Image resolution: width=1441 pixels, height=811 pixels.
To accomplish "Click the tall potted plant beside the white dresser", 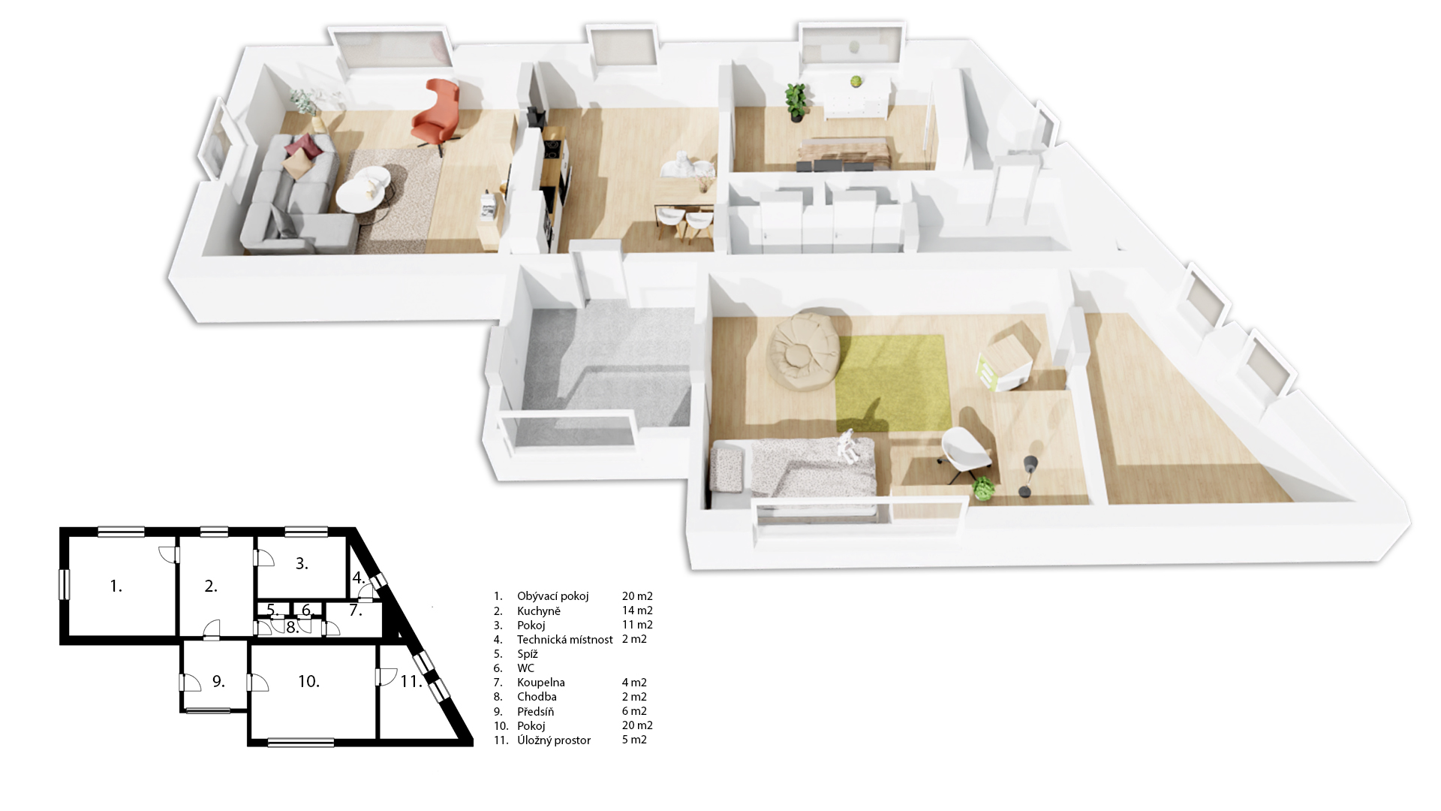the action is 796,101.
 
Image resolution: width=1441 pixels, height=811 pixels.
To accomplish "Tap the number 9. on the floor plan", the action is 218,681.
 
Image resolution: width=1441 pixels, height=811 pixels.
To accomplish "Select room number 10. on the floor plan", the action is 308,681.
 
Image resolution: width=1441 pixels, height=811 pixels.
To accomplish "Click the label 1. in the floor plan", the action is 116,586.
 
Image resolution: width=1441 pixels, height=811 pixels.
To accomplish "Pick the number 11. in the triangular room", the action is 411,681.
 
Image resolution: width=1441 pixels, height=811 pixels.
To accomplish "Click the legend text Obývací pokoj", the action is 552,596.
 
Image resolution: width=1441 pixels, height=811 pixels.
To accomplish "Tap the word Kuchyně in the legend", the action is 539,611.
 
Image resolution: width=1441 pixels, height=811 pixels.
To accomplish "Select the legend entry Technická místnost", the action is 564,640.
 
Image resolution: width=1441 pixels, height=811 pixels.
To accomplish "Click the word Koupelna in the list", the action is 540,683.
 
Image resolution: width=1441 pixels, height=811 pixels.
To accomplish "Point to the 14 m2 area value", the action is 637,611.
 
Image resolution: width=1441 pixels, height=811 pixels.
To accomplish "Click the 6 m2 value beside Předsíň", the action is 634,711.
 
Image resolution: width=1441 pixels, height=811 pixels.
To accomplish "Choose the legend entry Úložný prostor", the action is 554,740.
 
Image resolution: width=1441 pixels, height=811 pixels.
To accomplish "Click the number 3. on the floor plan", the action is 302,563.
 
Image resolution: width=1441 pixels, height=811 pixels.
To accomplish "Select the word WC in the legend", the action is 525,668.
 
